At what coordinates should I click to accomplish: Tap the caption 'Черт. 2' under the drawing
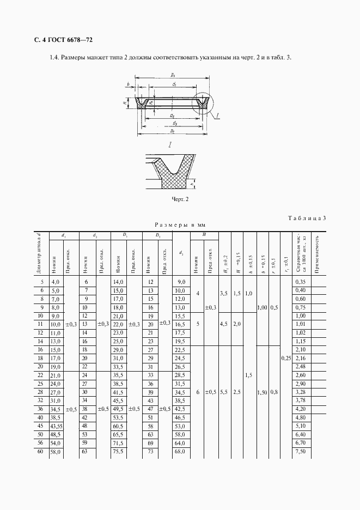(180, 199)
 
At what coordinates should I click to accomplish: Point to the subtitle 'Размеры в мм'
(180, 224)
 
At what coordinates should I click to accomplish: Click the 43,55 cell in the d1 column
(56, 425)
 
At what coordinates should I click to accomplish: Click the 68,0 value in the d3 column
(180, 451)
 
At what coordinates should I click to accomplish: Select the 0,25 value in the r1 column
(285, 358)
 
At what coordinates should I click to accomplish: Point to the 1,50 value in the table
(261, 392)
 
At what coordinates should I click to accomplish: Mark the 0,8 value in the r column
(274, 392)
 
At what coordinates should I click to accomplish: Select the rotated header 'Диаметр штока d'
(39, 253)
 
